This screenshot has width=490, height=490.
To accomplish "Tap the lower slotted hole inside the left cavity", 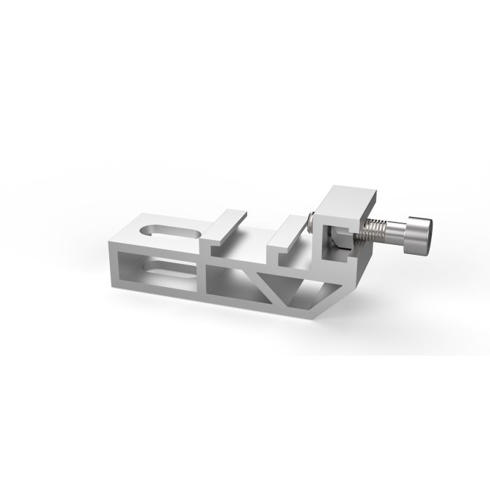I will (162, 268).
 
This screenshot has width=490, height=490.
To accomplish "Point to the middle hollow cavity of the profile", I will (234, 280).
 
